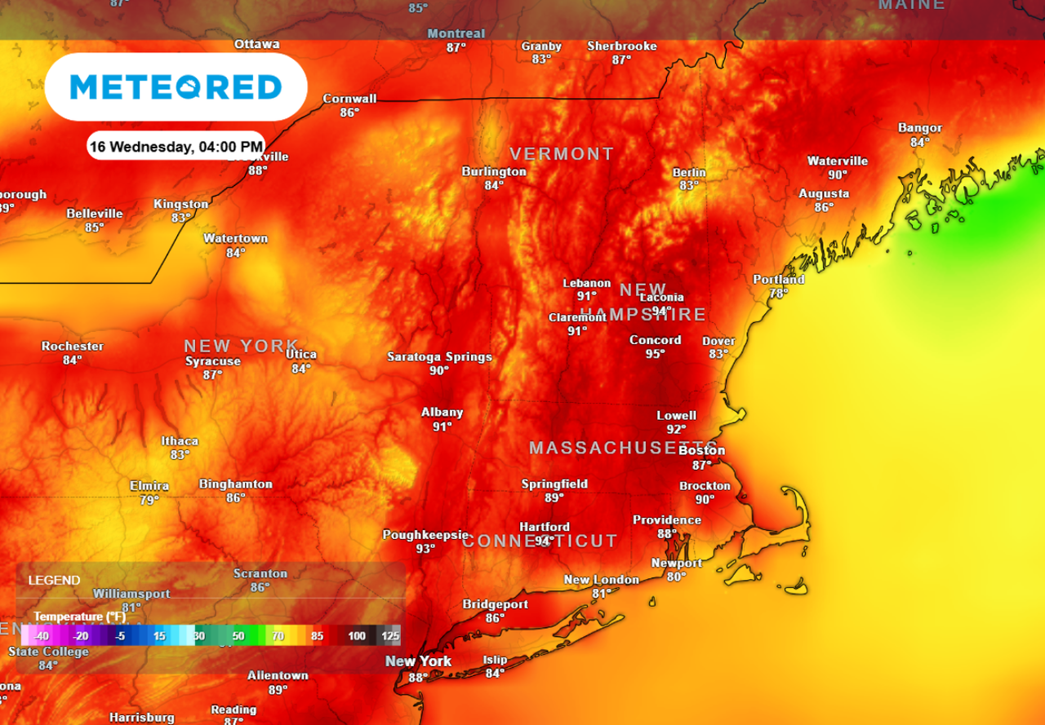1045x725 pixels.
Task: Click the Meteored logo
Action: coord(176,87)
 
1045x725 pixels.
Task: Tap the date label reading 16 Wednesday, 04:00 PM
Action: coord(176,147)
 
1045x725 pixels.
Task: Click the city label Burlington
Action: coord(494,171)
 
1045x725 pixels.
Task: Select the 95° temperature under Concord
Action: coord(655,354)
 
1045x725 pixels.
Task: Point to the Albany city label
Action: coord(442,412)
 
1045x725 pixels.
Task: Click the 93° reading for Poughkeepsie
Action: coord(425,549)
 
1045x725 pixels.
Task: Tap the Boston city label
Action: coord(701,450)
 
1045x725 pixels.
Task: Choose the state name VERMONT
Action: coord(562,153)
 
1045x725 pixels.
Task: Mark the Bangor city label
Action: coord(920,128)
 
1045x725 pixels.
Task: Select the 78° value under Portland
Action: coord(778,294)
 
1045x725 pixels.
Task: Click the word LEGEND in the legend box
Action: coord(54,581)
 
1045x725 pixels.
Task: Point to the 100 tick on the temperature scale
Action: coord(357,636)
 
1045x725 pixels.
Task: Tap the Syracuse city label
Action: coord(213,361)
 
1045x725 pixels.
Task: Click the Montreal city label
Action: coord(456,33)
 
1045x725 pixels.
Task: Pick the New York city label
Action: coord(419,661)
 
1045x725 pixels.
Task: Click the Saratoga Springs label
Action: coord(439,356)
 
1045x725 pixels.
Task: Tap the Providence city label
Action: coord(667,520)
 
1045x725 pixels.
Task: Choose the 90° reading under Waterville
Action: coord(838,175)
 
